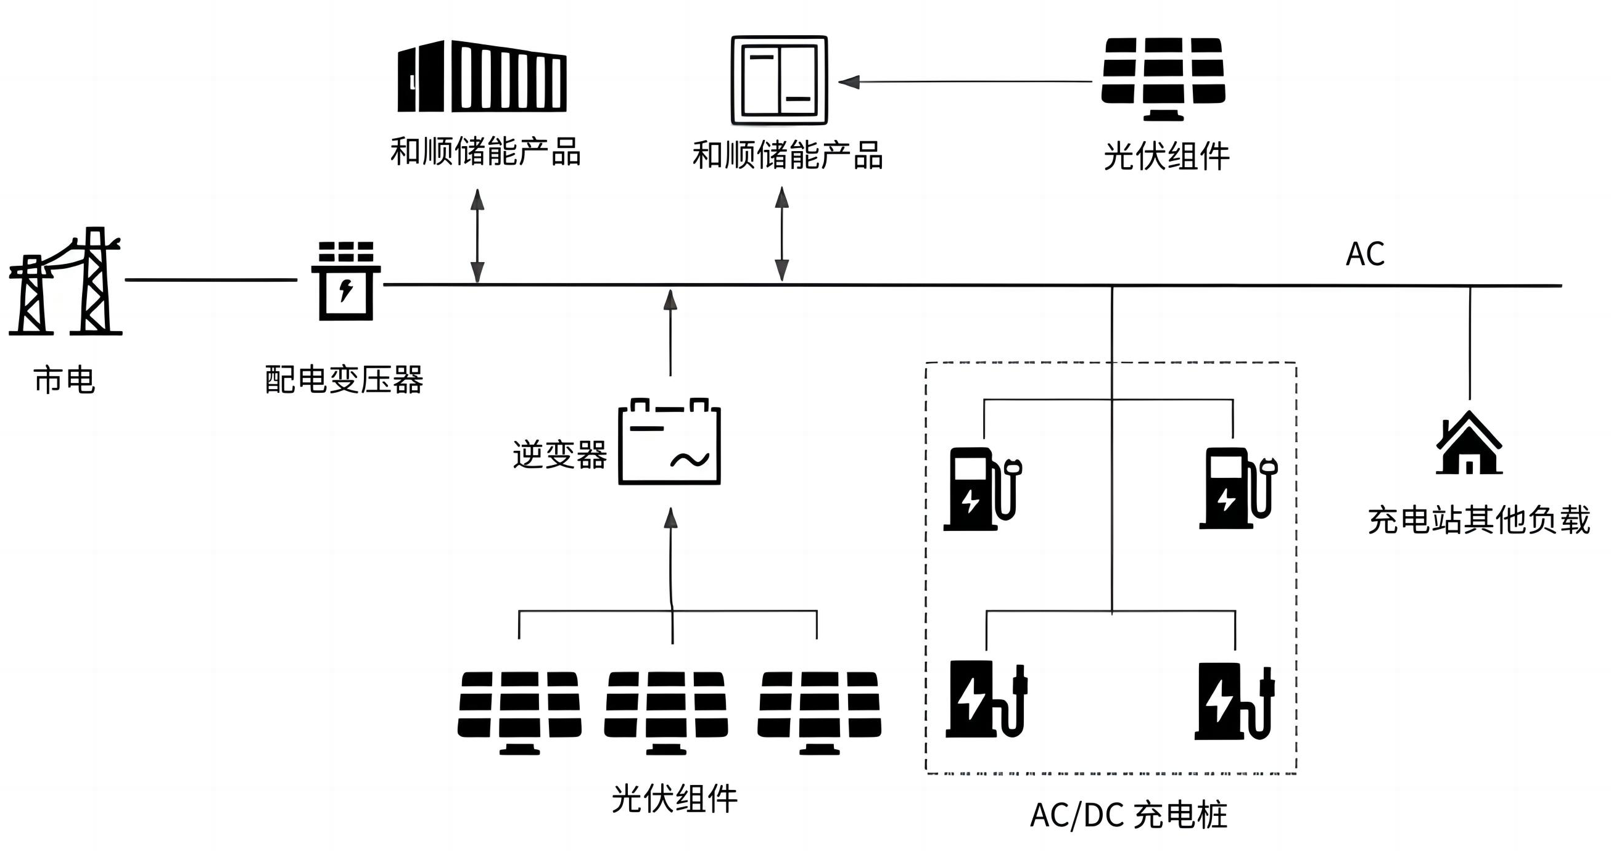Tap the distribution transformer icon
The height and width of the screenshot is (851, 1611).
(346, 282)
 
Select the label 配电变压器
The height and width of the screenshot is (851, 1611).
(344, 380)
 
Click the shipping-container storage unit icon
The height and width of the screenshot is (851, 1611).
(482, 76)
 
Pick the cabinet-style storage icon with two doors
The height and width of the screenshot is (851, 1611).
(779, 80)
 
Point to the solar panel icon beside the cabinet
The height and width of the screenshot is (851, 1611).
(1163, 78)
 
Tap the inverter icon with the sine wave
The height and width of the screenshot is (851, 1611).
(669, 442)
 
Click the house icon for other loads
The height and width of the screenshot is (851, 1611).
(1469, 443)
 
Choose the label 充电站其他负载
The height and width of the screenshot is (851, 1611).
(1478, 520)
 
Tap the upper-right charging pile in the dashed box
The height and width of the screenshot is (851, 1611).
(1237, 488)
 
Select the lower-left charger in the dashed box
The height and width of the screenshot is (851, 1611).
(985, 699)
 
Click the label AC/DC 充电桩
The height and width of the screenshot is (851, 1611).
(1128, 815)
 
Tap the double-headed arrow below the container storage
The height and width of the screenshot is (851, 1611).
(478, 236)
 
